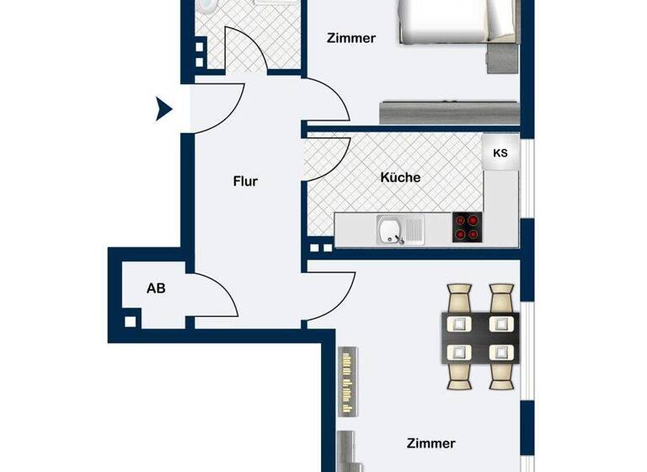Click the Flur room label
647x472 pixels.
coord(246,180)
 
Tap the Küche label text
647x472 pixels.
coord(400,178)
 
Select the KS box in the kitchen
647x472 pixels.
coord(500,153)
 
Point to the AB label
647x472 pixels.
coord(156,288)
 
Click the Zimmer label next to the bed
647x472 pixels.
coord(350,38)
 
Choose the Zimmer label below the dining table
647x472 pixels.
coord(430,443)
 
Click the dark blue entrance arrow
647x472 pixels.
coord(164,109)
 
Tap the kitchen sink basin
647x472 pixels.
coord(389,228)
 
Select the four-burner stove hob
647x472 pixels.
coord(467,228)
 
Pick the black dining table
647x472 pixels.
coord(480,336)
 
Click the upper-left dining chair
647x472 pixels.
coord(460,299)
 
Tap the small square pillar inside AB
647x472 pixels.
coord(129,321)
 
